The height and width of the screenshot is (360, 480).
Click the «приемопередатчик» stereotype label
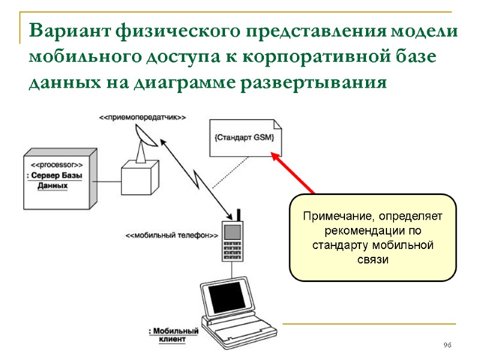click(142, 118)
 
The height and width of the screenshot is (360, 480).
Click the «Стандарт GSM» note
click(245, 138)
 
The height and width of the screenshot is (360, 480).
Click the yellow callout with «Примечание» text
click(373, 238)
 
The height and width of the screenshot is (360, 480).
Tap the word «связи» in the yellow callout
click(373, 260)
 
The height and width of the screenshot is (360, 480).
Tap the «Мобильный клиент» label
click(173, 335)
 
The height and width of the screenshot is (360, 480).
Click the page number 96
click(447, 346)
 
